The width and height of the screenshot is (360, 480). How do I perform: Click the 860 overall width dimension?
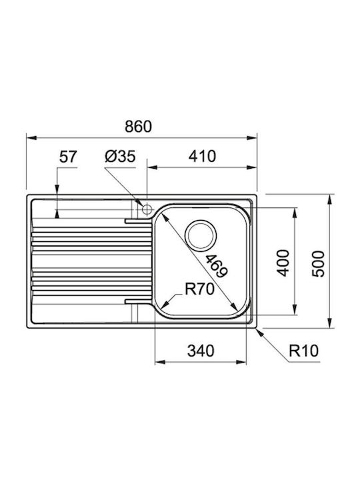click(x=138, y=127)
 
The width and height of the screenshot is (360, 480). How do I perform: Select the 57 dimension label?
click(x=67, y=157)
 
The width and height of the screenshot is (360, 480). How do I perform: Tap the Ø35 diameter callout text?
click(x=120, y=157)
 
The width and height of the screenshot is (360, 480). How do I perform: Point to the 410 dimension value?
click(x=202, y=156)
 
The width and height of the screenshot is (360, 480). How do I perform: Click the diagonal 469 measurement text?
click(x=216, y=266)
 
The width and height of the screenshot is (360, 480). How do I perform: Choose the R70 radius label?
click(x=199, y=289)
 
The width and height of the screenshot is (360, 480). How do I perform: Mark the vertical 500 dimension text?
click(x=318, y=263)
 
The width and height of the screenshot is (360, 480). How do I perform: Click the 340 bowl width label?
click(x=201, y=351)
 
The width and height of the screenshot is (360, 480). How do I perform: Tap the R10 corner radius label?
click(x=304, y=351)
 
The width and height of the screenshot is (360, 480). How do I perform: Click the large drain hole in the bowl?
click(x=201, y=235)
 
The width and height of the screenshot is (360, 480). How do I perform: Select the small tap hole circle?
click(x=147, y=210)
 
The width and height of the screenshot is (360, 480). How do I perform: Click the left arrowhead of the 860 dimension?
click(x=31, y=138)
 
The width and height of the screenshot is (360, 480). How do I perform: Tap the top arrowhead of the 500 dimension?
click(x=330, y=199)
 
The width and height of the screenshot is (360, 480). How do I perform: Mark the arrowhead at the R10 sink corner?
click(x=259, y=331)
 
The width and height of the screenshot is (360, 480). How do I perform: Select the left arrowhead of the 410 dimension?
click(x=152, y=167)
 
